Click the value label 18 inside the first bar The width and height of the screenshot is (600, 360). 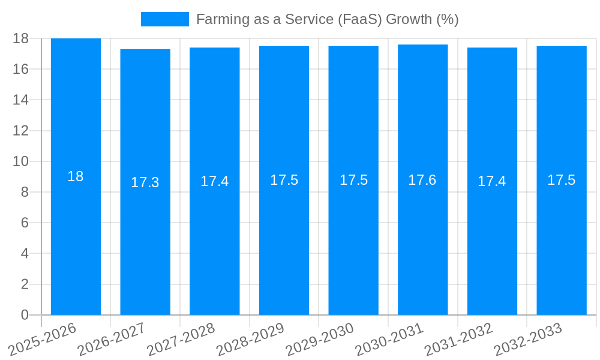click(x=76, y=176)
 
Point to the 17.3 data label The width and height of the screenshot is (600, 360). click(x=145, y=182)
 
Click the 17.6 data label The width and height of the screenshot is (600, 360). click(x=422, y=180)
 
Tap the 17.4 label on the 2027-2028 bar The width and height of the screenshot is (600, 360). click(x=215, y=181)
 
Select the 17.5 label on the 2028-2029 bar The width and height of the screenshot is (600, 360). click(x=284, y=180)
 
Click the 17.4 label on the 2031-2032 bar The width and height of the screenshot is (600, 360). click(x=492, y=181)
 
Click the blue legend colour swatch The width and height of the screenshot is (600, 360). click(x=164, y=19)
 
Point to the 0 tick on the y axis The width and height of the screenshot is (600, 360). click(x=25, y=315)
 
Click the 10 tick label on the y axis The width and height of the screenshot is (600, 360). click(x=21, y=161)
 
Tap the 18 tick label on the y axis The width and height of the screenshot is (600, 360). click(x=21, y=38)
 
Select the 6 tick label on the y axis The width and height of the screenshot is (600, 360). click(x=25, y=223)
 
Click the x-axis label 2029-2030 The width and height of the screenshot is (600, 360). click(x=320, y=339)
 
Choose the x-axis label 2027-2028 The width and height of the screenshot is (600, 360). click(x=181, y=339)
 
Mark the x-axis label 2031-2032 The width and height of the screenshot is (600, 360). click(x=459, y=339)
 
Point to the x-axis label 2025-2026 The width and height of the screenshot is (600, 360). click(x=43, y=339)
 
